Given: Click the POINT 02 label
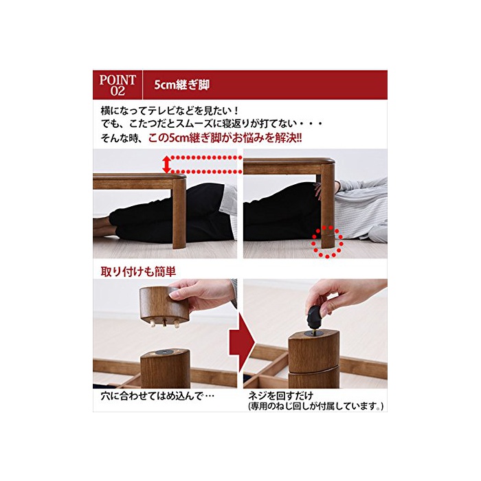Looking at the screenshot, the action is [118, 85].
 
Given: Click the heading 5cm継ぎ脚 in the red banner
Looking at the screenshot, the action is [181, 85].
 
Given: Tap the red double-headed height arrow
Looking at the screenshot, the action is [166, 164].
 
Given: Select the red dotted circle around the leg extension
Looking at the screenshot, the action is [327, 241].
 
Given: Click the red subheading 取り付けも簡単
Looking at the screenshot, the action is [138, 272].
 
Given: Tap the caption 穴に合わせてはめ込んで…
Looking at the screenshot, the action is [157, 396].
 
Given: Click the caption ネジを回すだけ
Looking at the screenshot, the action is [280, 395].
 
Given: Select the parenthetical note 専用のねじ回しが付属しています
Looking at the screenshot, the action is [315, 407].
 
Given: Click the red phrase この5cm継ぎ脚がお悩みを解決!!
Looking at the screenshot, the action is [225, 138].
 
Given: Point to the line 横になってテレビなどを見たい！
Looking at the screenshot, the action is [170, 111].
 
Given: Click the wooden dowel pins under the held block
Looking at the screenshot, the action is [164, 324].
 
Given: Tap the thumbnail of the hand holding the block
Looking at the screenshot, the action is [165, 333].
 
